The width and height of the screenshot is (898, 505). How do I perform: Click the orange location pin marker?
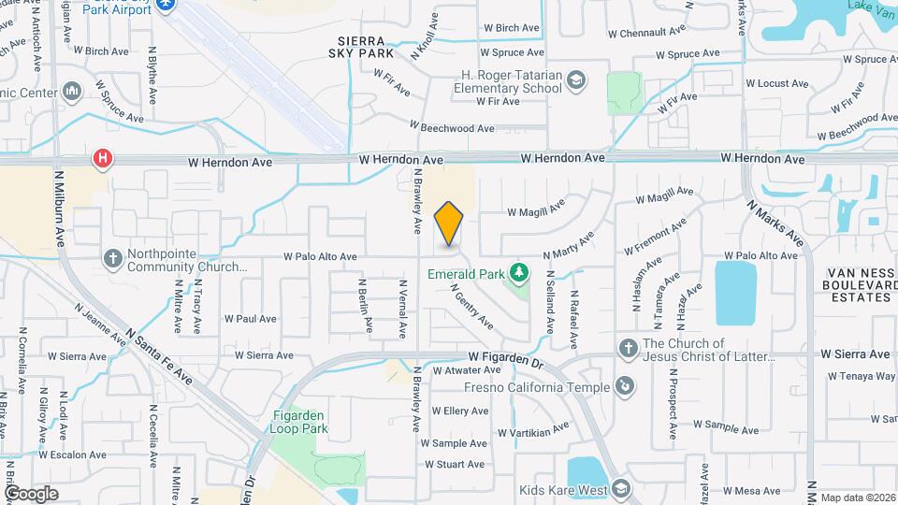449,224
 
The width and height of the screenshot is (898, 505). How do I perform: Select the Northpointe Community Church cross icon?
112,257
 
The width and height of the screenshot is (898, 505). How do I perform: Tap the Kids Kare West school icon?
622,489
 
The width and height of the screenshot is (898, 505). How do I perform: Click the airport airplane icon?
167,6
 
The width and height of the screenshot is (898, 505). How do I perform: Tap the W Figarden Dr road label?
505,358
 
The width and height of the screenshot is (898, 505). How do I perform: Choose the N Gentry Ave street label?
473,308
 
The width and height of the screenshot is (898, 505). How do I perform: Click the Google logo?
31,493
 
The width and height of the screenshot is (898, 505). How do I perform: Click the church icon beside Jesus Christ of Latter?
629,349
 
